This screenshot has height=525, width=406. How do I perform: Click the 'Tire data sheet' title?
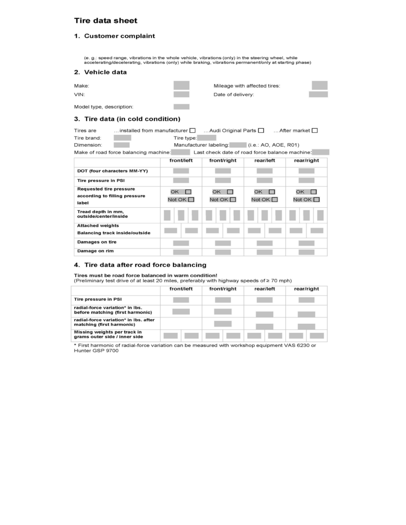(105, 21)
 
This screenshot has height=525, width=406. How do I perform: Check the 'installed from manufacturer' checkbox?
(192, 130)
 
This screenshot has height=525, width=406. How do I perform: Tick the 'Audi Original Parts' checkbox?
(261, 130)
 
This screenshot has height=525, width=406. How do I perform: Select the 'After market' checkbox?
(314, 130)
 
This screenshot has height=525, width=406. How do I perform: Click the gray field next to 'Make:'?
(181, 85)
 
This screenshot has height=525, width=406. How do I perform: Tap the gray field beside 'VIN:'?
(181, 94)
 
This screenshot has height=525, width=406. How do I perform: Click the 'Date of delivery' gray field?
(318, 94)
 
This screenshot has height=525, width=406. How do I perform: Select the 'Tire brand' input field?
(122, 137)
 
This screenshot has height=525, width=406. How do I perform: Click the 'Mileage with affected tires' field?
(319, 85)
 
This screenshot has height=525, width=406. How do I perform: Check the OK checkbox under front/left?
(188, 192)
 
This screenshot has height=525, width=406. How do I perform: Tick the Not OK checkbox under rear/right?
(316, 199)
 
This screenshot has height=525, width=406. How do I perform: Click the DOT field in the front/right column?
(222, 171)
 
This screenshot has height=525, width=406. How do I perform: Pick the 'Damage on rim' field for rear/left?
(264, 252)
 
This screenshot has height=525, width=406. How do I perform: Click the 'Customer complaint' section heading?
(119, 36)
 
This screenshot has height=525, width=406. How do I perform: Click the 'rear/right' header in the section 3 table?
(306, 160)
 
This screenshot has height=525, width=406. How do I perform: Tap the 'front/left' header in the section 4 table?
(181, 289)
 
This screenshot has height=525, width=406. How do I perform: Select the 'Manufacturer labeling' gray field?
(238, 145)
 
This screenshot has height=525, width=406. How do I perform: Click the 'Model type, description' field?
(181, 107)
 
